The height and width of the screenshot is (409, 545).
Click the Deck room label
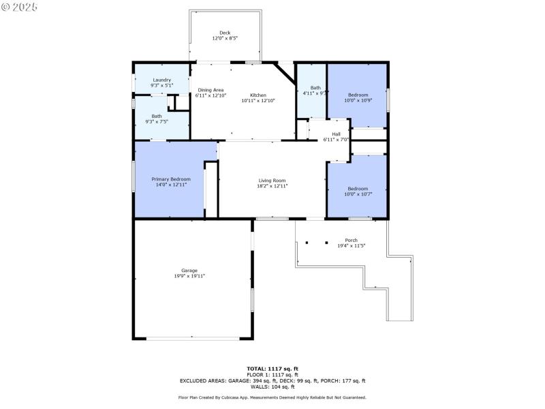tap(225, 33)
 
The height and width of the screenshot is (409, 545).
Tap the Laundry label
tap(161, 80)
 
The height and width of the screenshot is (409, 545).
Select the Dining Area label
tap(211, 90)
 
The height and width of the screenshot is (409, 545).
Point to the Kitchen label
tap(258, 95)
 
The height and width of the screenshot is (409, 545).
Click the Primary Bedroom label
tap(170, 179)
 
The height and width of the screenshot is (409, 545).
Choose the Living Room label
tap(272, 180)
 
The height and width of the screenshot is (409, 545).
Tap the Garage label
tap(189, 271)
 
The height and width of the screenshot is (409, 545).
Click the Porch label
tap(351, 240)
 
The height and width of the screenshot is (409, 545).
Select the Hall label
tap(336, 134)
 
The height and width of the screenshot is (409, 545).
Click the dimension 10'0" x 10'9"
tap(358, 100)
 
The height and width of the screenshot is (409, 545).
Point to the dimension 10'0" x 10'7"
tap(358, 194)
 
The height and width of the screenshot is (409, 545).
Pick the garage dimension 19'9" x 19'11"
tap(189, 276)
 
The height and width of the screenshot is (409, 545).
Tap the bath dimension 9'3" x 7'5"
tap(157, 122)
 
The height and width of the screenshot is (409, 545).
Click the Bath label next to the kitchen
tap(315, 87)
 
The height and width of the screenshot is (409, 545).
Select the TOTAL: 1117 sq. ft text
tap(272, 368)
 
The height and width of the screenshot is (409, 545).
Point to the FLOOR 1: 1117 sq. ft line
tap(272, 374)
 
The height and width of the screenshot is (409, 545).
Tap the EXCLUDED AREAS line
tap(272, 380)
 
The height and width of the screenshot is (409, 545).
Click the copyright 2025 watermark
tap(20, 7)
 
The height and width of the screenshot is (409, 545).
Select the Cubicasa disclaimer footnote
tap(272, 397)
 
